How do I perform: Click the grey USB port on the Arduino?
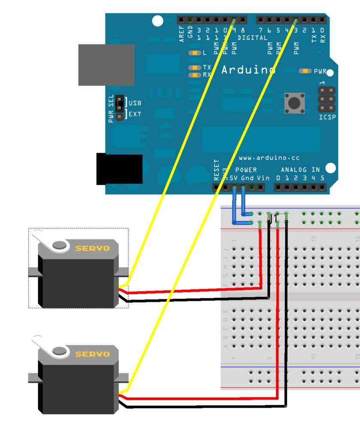click(x=106, y=65)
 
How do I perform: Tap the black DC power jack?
click(x=119, y=169)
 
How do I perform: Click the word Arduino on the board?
click(x=248, y=69)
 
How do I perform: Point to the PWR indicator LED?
click(x=305, y=71)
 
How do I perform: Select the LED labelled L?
click(x=195, y=53)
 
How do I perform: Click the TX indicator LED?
click(x=195, y=68)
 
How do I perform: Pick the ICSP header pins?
click(x=327, y=99)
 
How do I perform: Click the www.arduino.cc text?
click(x=269, y=158)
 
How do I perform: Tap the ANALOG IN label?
click(x=300, y=170)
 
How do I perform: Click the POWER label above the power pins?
click(x=246, y=170)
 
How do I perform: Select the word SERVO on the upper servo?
click(x=92, y=248)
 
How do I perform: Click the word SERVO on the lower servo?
click(x=92, y=354)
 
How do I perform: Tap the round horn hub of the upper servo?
click(x=61, y=245)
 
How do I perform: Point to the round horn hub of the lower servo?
click(x=61, y=352)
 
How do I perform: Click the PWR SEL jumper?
click(x=120, y=108)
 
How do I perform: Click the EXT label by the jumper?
click(x=135, y=114)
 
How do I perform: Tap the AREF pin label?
click(x=182, y=33)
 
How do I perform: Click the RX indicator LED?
click(x=195, y=75)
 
